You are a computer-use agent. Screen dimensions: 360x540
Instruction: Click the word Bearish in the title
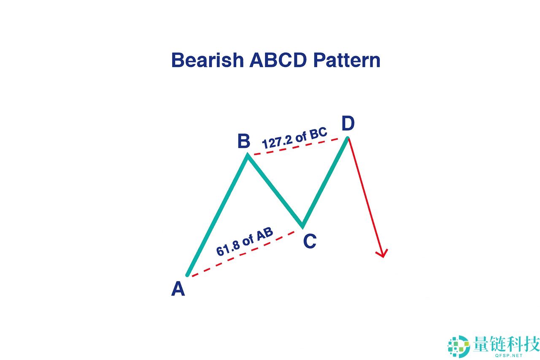coord(207,60)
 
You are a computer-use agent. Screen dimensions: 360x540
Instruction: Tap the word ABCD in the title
coord(277,60)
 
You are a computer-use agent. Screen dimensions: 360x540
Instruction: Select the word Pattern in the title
coord(346,60)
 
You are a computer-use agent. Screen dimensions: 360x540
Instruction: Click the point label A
coord(178,290)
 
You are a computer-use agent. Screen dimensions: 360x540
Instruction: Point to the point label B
coord(243,141)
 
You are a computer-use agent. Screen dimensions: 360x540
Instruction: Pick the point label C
coord(310,241)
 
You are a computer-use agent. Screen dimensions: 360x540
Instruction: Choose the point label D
coord(348,124)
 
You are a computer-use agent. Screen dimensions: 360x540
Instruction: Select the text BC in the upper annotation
coord(318,133)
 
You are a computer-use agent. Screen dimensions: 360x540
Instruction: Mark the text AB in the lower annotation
coord(265,235)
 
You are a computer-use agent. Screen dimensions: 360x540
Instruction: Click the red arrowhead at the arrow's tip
coord(382,253)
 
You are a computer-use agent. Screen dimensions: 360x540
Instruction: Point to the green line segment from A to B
coord(217,215)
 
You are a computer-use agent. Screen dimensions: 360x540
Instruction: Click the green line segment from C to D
coord(325,181)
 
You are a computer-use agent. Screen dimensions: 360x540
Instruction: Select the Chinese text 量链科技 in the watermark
coord(506,344)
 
